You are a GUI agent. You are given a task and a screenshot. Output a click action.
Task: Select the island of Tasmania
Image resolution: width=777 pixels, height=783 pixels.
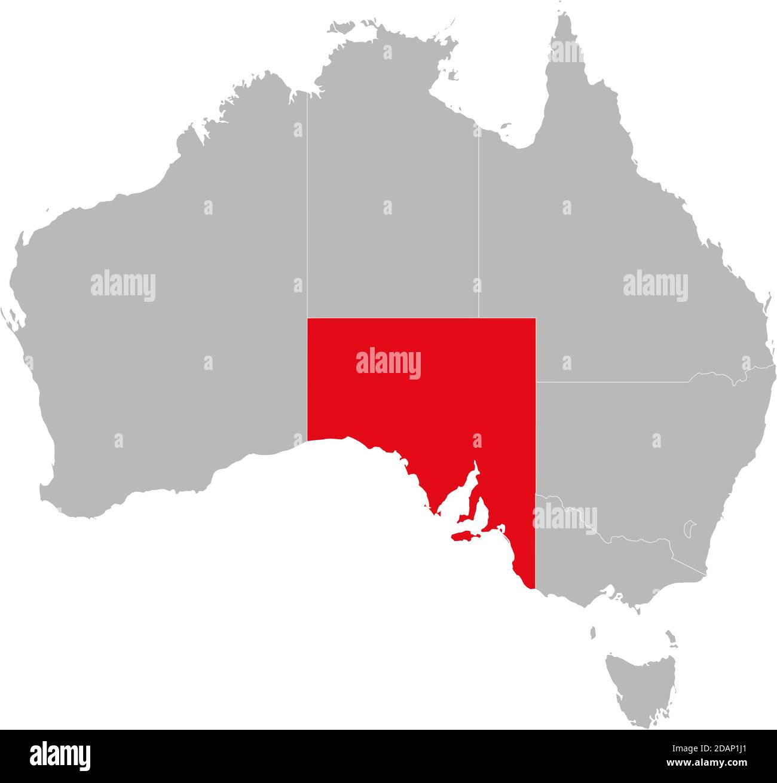click(x=640, y=687)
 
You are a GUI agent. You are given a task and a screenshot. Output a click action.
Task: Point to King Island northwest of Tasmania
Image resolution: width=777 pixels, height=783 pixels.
click(x=593, y=632)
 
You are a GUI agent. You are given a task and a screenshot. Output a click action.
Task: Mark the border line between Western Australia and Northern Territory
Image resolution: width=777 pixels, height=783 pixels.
click(x=307, y=209)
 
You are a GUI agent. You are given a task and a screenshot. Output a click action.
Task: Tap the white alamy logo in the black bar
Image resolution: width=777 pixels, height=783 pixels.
click(x=60, y=756)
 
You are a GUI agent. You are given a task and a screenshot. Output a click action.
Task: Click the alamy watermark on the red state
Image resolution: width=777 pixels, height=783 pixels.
click(x=389, y=363)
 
